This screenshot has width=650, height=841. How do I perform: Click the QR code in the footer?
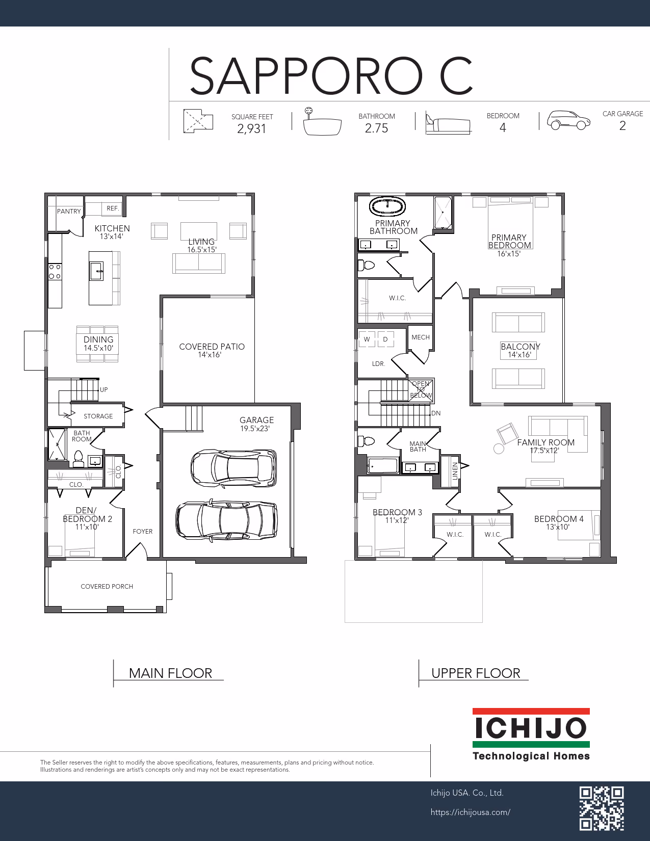(602, 808)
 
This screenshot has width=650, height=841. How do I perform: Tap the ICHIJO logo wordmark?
(531, 728)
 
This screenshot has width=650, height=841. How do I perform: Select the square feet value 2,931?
(252, 128)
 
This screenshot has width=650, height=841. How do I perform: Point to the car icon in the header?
(568, 120)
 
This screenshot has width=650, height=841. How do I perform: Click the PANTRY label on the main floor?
(69, 212)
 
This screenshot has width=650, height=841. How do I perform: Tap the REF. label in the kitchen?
(113, 208)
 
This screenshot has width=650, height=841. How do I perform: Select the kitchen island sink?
(96, 271)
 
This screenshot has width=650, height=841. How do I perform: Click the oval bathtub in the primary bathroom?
(387, 206)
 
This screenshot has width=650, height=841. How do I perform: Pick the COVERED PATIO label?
(212, 347)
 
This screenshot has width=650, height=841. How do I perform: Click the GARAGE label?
(256, 420)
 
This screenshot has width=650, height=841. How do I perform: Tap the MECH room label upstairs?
(421, 337)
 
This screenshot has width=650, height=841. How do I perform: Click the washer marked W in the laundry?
(367, 339)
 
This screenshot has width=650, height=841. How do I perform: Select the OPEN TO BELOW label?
(421, 389)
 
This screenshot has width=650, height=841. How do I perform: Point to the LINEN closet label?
(455, 471)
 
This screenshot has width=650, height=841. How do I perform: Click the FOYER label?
(142, 532)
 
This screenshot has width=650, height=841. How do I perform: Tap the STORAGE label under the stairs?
(98, 416)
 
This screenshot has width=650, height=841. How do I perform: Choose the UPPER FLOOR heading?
(476, 673)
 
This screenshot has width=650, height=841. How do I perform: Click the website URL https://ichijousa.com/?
(471, 812)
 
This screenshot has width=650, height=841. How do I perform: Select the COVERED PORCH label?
(107, 586)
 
